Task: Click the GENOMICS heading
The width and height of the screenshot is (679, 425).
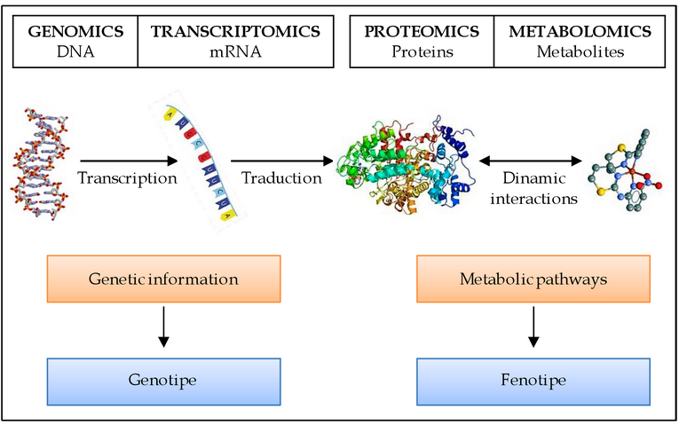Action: (x=75, y=32)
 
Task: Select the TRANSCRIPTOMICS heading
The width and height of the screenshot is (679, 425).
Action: (x=235, y=32)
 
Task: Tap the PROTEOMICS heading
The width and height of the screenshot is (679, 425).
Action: (x=422, y=32)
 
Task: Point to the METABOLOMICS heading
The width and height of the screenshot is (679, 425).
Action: (x=580, y=32)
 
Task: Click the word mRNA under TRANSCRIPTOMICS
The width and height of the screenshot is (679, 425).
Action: (x=235, y=51)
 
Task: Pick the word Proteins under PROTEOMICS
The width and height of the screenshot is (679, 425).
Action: (x=422, y=51)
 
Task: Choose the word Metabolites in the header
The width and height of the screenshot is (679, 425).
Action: (x=580, y=51)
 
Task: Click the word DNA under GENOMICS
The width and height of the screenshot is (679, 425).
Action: (x=75, y=51)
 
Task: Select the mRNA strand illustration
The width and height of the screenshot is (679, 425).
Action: (x=193, y=163)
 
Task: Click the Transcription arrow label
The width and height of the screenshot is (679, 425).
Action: (x=127, y=177)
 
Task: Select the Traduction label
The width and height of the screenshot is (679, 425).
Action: (x=282, y=177)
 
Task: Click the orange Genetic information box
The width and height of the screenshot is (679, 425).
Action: (x=163, y=279)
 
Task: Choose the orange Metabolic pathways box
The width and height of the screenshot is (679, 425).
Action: (x=533, y=279)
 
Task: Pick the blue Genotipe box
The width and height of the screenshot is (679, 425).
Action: (x=163, y=381)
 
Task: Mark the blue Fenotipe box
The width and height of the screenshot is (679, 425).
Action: (x=533, y=381)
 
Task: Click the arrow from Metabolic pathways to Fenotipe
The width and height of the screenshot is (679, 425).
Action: (x=533, y=327)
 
